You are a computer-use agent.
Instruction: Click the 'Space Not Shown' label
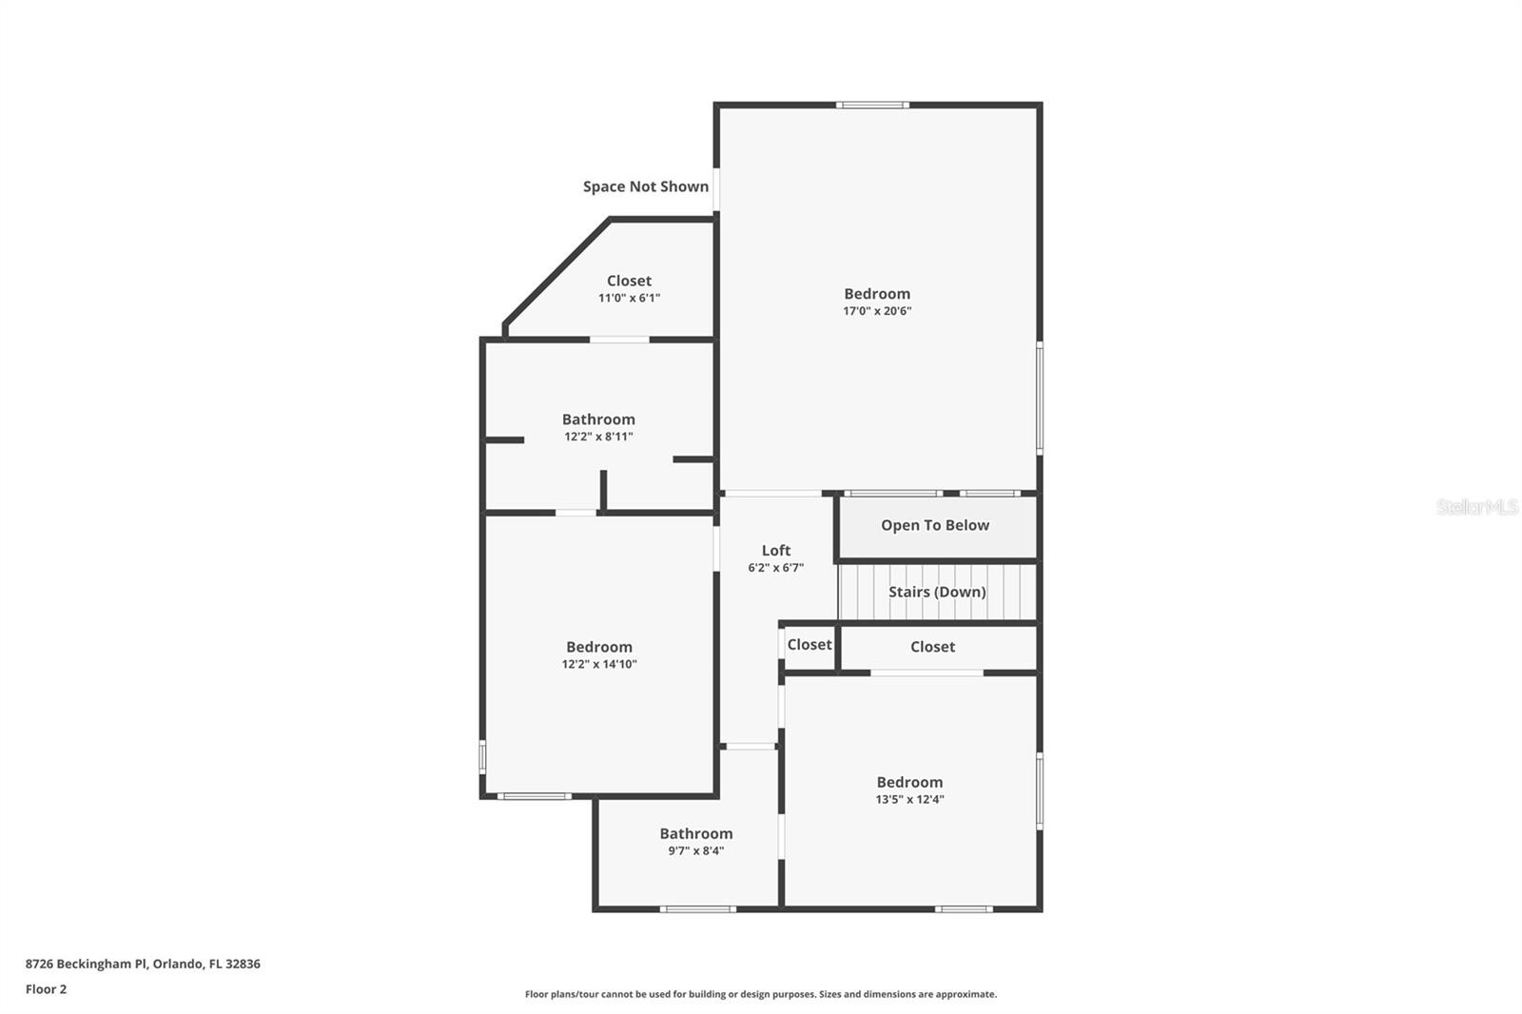pyautogui.click(x=645, y=186)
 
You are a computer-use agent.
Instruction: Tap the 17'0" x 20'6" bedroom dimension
pyautogui.click(x=877, y=311)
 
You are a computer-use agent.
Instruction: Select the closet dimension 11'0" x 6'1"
pyautogui.click(x=629, y=298)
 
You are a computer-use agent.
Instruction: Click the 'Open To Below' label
pyautogui.click(x=935, y=525)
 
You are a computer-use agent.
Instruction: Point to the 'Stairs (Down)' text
pyautogui.click(x=937, y=592)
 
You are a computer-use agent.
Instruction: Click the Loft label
pyautogui.click(x=776, y=550)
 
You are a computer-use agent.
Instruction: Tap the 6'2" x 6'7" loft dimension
pyautogui.click(x=776, y=568)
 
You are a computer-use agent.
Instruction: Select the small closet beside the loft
pyautogui.click(x=810, y=645)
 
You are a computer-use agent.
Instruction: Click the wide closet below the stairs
pyautogui.click(x=932, y=647)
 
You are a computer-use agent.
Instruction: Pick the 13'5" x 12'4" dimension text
pyautogui.click(x=909, y=800)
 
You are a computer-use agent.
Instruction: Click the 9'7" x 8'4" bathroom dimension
pyautogui.click(x=696, y=851)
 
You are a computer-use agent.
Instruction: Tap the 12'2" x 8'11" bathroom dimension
pyautogui.click(x=598, y=437)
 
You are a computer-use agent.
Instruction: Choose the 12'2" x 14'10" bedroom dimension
pyautogui.click(x=599, y=665)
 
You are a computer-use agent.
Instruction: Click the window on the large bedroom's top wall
pyautogui.click(x=872, y=105)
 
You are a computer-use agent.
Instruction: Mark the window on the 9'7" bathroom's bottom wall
pyautogui.click(x=697, y=909)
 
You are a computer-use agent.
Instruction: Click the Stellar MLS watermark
pyautogui.click(x=1476, y=507)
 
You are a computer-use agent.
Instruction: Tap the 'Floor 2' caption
pyautogui.click(x=46, y=989)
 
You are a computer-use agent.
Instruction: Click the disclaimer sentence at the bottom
pyautogui.click(x=761, y=994)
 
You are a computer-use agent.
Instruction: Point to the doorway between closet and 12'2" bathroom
pyautogui.click(x=619, y=339)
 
